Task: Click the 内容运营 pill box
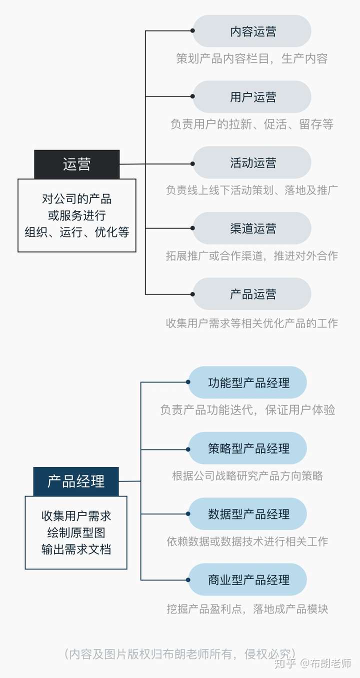(252, 31)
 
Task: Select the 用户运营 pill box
(252, 96)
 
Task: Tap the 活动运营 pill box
(252, 162)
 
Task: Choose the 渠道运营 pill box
(252, 228)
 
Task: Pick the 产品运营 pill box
(252, 294)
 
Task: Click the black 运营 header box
(77, 164)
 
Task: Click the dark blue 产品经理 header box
(76, 481)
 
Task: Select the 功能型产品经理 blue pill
(247, 382)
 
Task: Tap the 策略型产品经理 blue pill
(247, 448)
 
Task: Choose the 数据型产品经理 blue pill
(247, 514)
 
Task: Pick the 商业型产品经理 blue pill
(247, 579)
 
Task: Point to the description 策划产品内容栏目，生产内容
(252, 58)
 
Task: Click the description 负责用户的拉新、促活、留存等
(252, 124)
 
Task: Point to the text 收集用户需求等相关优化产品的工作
(252, 323)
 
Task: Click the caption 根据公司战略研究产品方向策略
(247, 476)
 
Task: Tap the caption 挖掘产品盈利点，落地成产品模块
(247, 608)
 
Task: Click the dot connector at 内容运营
(192, 30)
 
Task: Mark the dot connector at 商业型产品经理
(188, 580)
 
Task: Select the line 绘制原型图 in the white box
(76, 532)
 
